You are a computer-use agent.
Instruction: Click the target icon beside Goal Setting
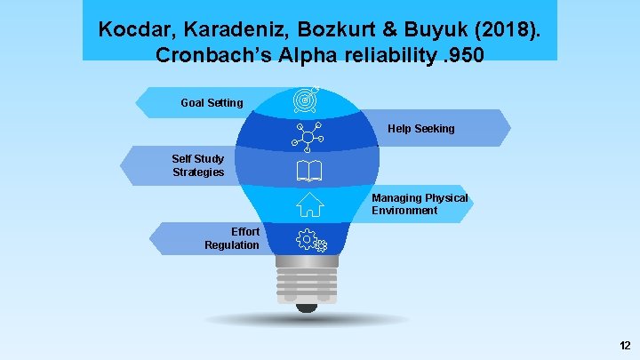[307, 100]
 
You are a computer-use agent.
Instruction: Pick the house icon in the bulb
[309, 204]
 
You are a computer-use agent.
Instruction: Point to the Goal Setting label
[212, 103]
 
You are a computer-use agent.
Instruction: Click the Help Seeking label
[420, 129]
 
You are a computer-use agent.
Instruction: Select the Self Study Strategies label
[198, 165]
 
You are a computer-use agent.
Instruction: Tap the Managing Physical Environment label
[419, 204]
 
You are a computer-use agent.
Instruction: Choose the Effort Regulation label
[232, 238]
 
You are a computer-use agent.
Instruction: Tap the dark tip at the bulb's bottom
[307, 308]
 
